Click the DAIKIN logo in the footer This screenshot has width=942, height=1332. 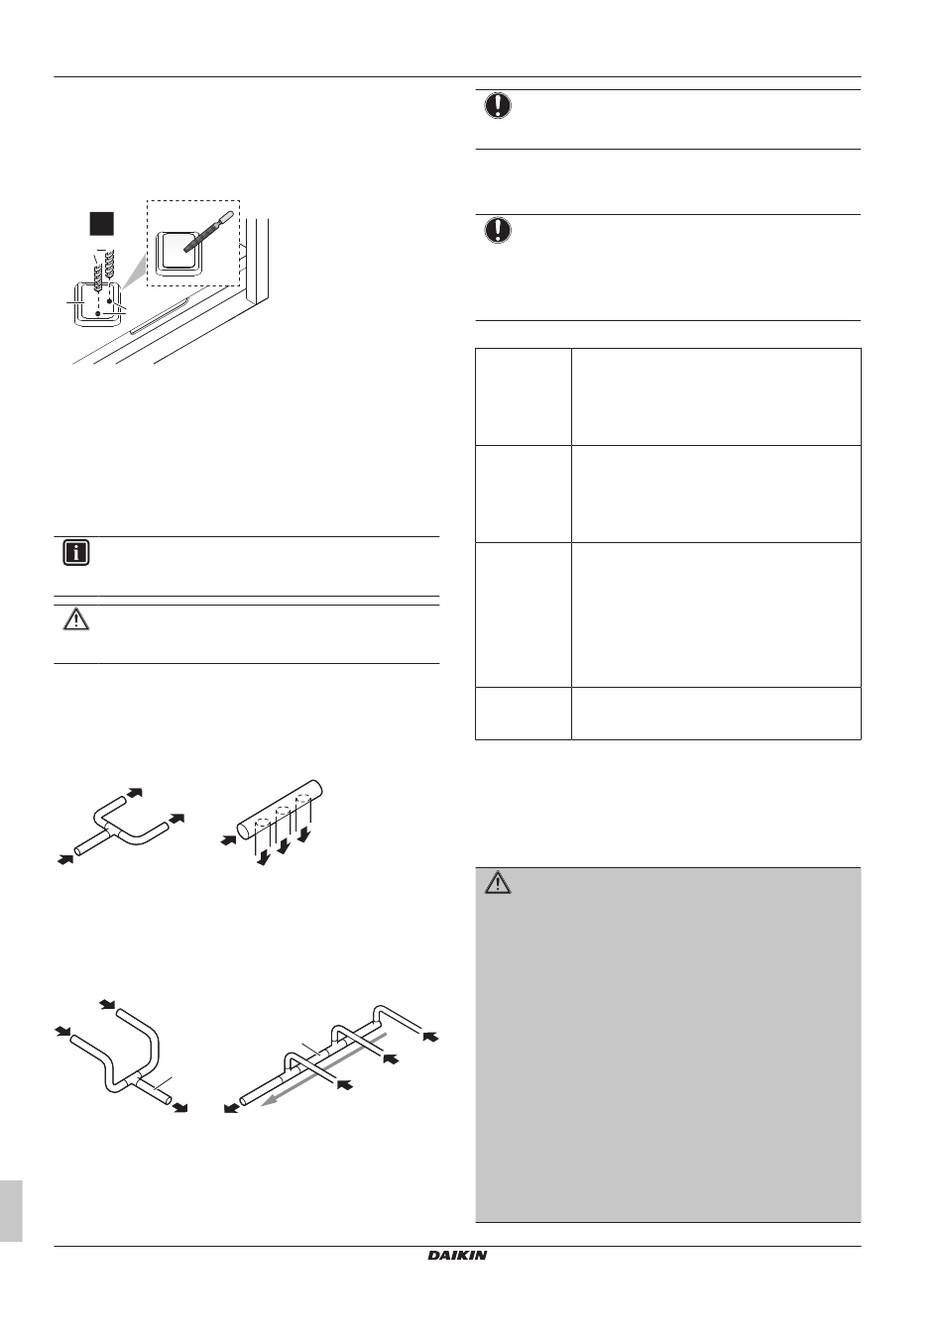(457, 1256)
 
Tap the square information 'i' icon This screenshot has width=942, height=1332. (76, 553)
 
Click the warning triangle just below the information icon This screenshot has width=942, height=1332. (76, 620)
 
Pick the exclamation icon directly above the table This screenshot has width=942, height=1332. (498, 231)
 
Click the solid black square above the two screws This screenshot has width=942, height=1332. (100, 223)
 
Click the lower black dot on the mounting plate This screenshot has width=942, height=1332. (97, 311)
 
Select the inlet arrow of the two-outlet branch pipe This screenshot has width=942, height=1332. (65, 858)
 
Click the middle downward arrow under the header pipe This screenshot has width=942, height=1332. (285, 845)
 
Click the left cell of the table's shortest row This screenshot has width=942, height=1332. (524, 713)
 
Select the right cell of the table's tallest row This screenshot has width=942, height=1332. (716, 613)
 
